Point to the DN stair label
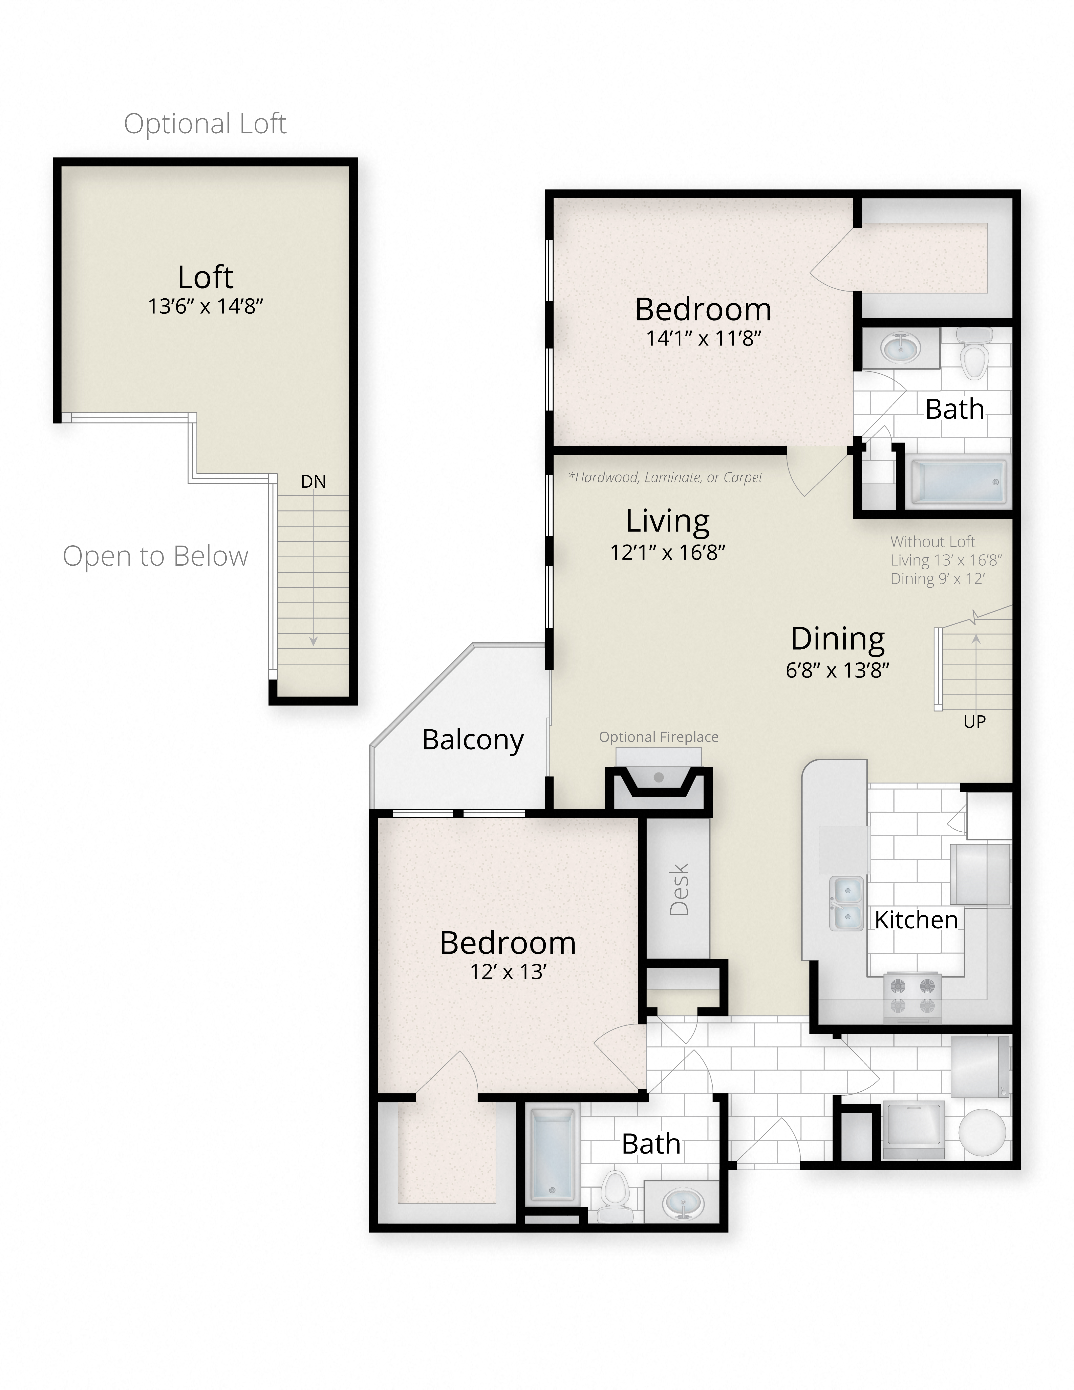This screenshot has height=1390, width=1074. [x=313, y=482]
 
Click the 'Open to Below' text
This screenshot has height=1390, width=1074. [x=155, y=556]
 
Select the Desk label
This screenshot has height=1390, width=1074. [x=679, y=889]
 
